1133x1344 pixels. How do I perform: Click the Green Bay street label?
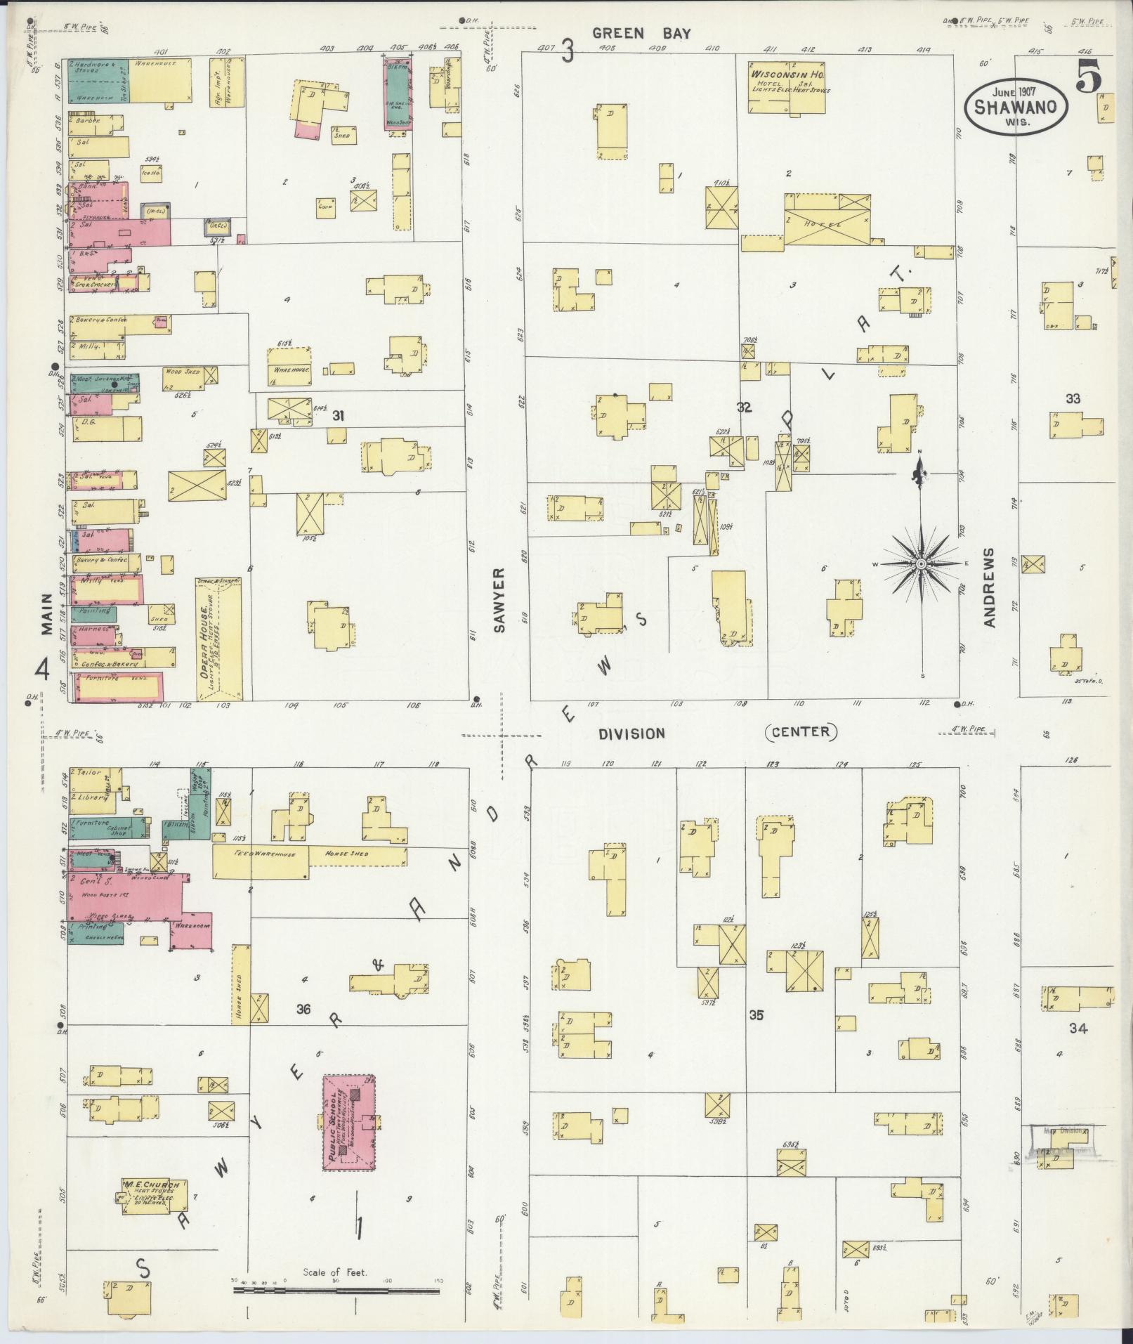coord(641,33)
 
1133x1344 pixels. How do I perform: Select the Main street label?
coord(47,614)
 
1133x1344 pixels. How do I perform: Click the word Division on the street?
coord(631,733)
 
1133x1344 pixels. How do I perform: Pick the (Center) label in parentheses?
coord(801,732)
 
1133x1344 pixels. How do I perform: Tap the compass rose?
coord(920,563)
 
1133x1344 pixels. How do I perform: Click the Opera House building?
coord(220,639)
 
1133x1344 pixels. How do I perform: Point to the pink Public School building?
coord(348,1121)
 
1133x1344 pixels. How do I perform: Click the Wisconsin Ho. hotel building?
coord(786,88)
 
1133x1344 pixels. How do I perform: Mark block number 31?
coord(339,416)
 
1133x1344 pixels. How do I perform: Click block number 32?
coord(744,407)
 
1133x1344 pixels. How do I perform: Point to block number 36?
coord(303,1010)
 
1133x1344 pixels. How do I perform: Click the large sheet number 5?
coord(1089,77)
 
